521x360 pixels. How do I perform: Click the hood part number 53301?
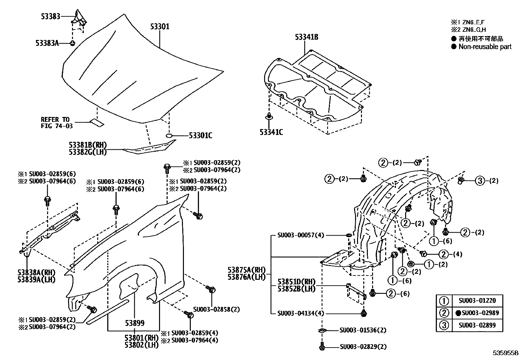(160, 27)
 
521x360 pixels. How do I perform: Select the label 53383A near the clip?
(47, 43)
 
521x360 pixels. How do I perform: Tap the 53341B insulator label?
(306, 37)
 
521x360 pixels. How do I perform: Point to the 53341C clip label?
(271, 132)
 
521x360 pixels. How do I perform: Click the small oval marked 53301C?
(169, 136)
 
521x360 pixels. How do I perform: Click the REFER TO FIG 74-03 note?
(56, 123)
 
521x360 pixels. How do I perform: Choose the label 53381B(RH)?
(88, 145)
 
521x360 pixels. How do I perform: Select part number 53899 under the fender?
(134, 323)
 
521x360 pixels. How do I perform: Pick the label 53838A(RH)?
(36, 273)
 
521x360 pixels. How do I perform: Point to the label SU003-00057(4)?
(300, 235)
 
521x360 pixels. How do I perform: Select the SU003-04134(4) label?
(300, 313)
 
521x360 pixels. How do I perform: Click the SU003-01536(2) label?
(363, 330)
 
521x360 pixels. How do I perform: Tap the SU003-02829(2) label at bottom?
(363, 347)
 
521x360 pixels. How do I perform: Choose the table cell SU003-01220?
(477, 300)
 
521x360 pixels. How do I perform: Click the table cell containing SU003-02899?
(477, 325)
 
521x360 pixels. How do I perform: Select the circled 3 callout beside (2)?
(479, 180)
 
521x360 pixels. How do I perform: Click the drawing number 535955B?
(506, 353)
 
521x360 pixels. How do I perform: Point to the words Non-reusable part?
(485, 47)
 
